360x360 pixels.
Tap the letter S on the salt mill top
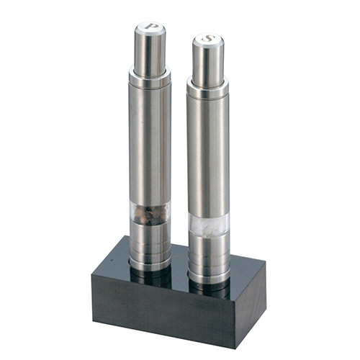coord(208,38)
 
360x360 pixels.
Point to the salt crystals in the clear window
coord(208,225)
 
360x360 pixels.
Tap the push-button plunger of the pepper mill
coord(150,48)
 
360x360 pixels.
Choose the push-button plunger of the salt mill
coord(208,60)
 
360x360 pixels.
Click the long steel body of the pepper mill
coord(150,144)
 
